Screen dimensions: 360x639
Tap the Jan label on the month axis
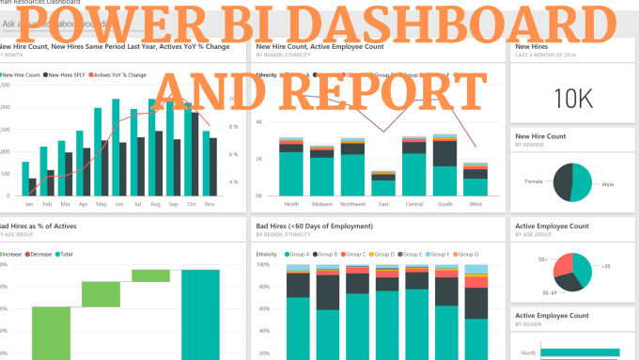click(x=28, y=204)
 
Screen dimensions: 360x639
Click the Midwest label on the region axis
click(x=322, y=204)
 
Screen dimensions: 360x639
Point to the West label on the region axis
click(x=475, y=204)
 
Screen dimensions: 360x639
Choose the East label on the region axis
click(x=382, y=204)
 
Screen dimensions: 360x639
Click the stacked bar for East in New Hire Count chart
click(x=382, y=183)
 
